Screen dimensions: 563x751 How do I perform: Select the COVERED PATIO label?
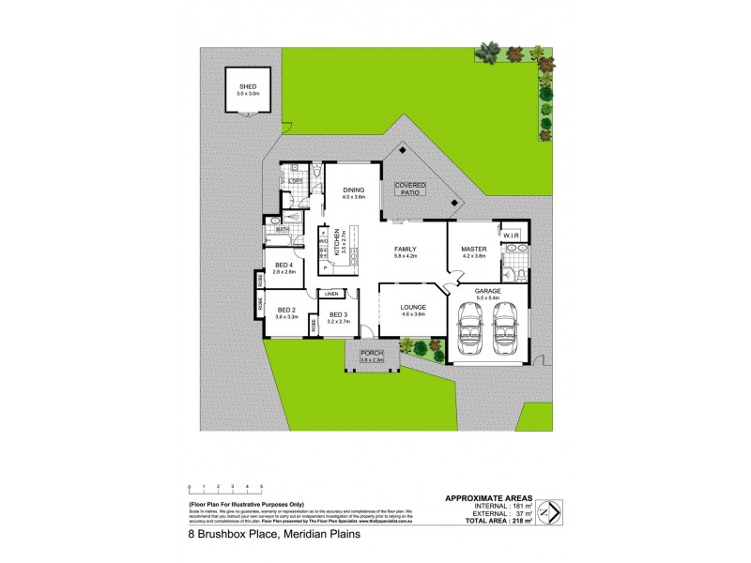coord(410,188)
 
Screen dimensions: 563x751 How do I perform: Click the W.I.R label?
coord(513,236)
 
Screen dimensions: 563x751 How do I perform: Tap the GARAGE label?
coord(487,293)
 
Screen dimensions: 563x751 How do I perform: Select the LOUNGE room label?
coord(413,307)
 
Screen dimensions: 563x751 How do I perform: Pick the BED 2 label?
coord(287,312)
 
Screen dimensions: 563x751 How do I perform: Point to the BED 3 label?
coord(339,315)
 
